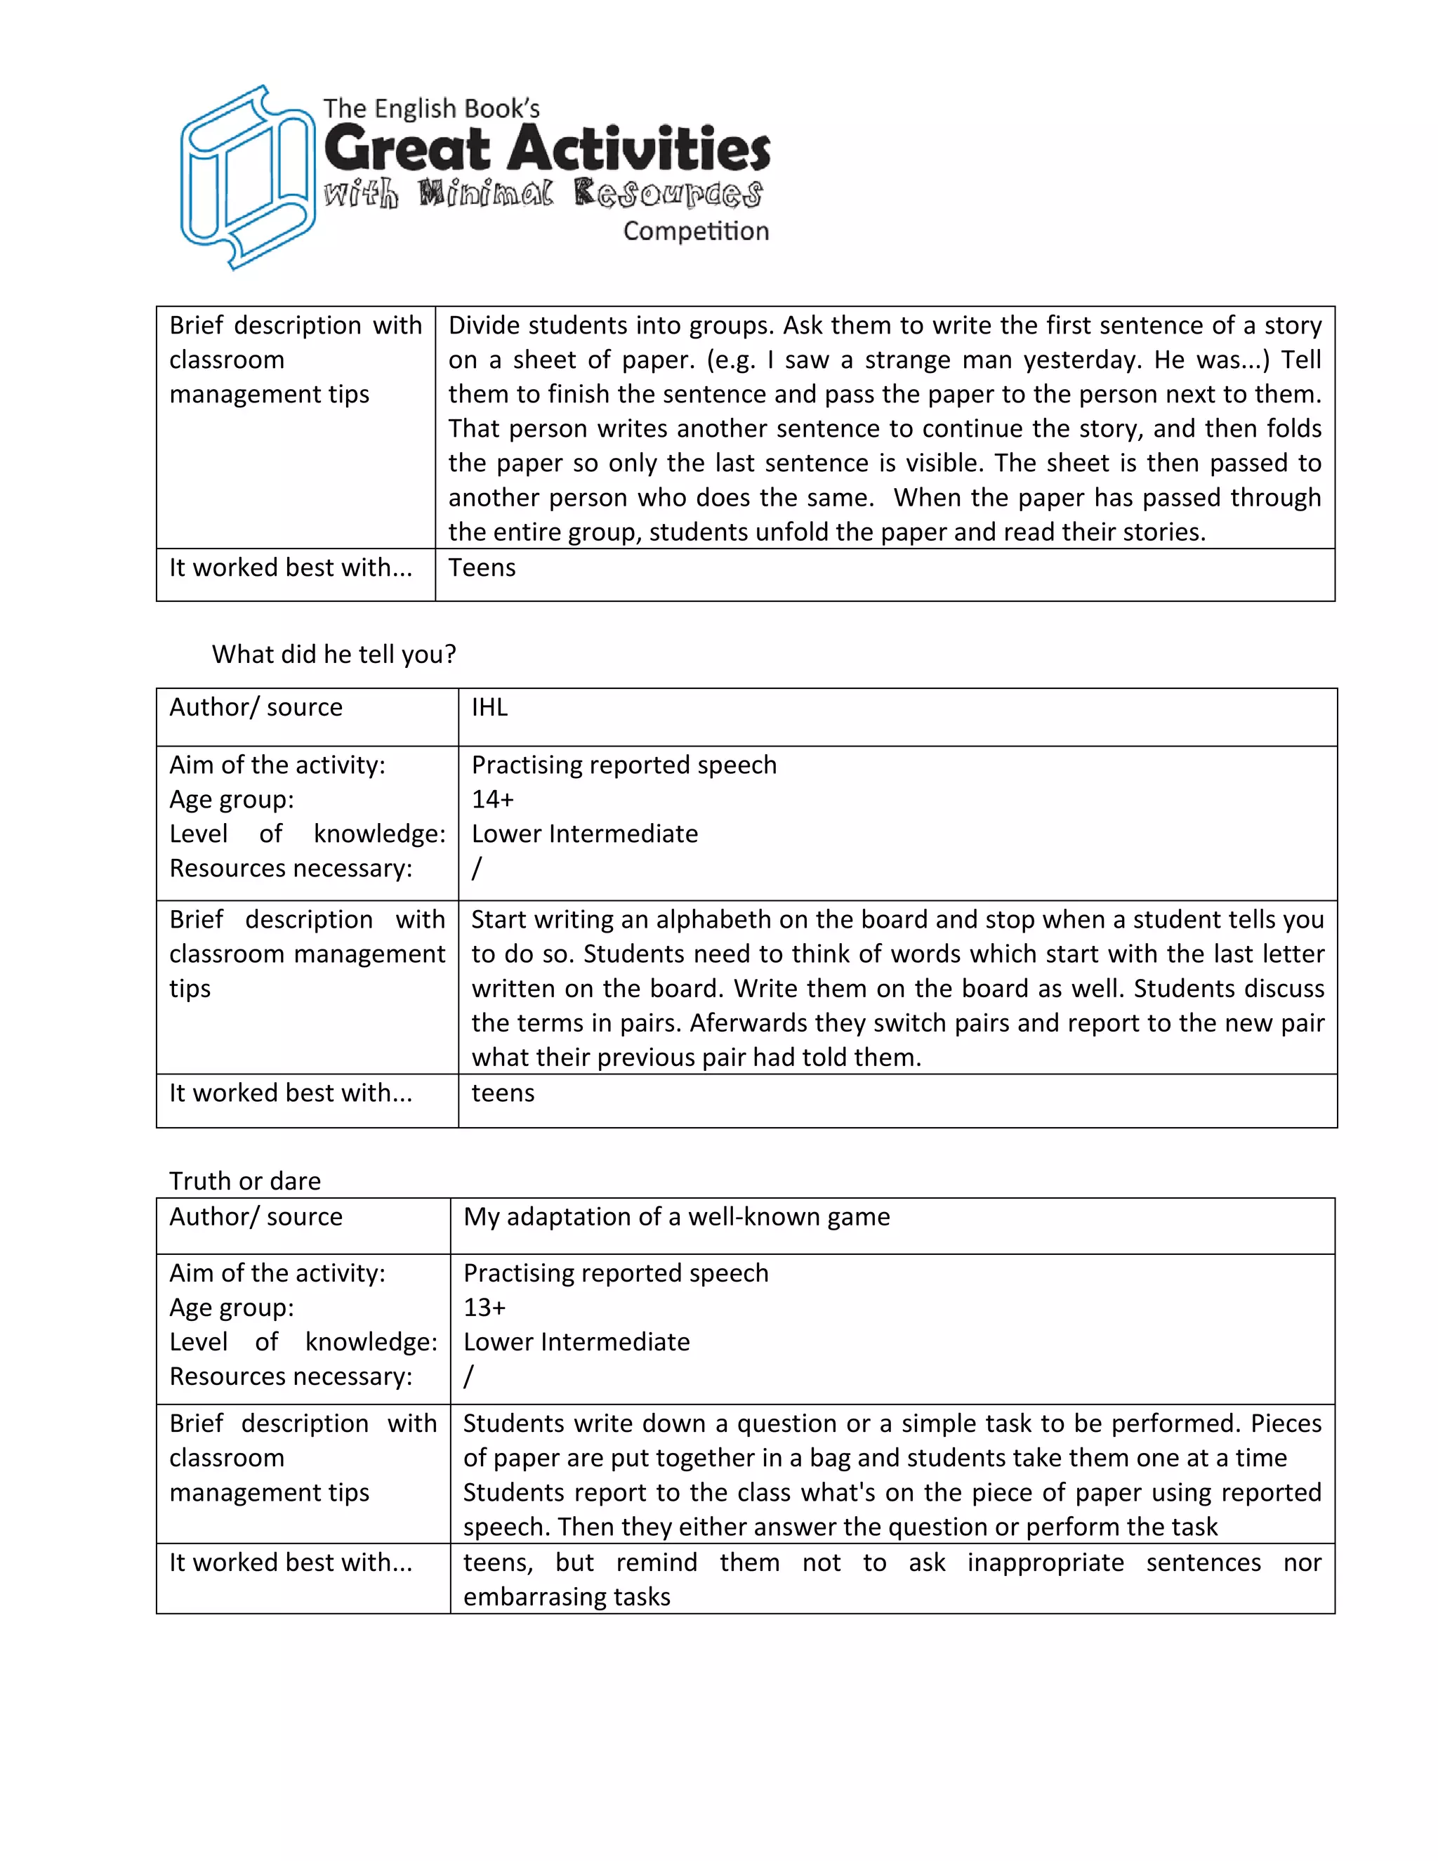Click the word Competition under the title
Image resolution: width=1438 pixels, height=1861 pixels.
695,231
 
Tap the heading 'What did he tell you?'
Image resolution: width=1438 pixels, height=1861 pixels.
334,654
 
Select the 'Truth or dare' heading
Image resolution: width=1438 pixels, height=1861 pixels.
244,1181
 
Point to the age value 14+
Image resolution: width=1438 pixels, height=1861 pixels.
492,799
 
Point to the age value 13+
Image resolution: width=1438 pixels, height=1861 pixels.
484,1307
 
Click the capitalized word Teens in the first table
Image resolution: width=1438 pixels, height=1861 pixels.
481,567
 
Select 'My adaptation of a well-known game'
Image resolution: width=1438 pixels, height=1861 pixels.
676,1217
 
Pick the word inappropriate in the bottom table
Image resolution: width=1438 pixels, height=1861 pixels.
1045,1562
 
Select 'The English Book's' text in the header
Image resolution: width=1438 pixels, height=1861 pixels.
431,109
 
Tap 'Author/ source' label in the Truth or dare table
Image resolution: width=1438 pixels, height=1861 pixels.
256,1217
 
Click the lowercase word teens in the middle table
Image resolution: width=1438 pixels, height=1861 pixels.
503,1093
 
